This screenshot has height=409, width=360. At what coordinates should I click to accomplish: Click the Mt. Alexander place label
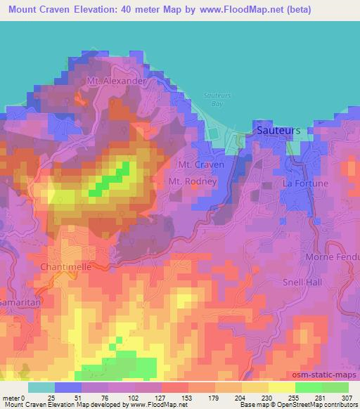(x=116, y=81)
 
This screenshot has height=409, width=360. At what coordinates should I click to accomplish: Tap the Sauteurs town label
(x=278, y=131)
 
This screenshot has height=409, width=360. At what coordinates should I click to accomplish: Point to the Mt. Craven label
(x=202, y=164)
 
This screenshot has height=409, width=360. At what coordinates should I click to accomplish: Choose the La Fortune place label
(x=305, y=183)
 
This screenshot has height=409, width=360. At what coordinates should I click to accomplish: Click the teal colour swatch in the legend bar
(x=41, y=387)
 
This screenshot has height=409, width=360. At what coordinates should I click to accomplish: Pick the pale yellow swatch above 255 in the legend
(x=282, y=387)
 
